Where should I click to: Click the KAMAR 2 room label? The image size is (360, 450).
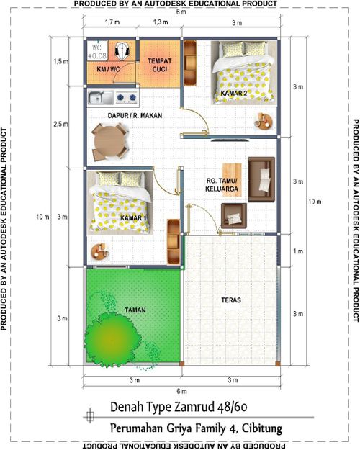pyautogui.click(x=234, y=94)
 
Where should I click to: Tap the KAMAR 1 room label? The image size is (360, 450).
pyautogui.click(x=133, y=218)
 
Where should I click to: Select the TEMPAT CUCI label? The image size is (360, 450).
pyautogui.click(x=160, y=65)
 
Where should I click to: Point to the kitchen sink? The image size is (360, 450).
pyautogui.click(x=101, y=97)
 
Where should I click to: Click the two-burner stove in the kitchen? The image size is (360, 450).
pyautogui.click(x=126, y=98)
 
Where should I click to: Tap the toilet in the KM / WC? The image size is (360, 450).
pyautogui.click(x=122, y=51)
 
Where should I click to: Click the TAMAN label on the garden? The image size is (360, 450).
pyautogui.click(x=135, y=310)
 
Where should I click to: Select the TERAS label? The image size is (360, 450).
pyautogui.click(x=231, y=300)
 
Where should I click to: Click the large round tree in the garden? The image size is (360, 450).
pyautogui.click(x=112, y=339)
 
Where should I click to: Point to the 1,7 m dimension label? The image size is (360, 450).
pyautogui.click(x=112, y=22)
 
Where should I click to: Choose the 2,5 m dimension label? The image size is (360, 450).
pyautogui.click(x=60, y=125)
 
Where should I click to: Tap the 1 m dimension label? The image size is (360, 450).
pyautogui.click(x=298, y=251)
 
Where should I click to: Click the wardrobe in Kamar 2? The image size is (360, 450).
pyautogui.click(x=190, y=63)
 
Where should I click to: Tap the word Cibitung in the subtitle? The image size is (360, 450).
pyautogui.click(x=262, y=429)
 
